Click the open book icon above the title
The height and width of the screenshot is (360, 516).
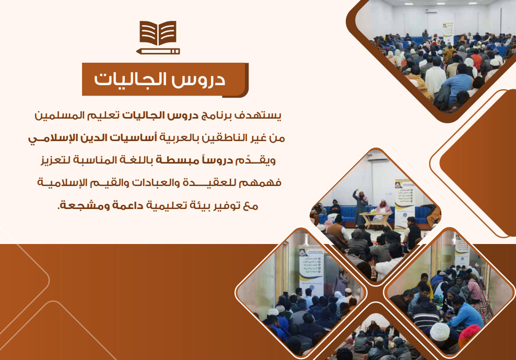(157, 34)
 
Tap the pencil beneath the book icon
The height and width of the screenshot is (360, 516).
(157, 51)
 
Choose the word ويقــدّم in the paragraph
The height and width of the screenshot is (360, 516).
(261, 160)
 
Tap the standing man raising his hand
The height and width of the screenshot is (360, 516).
(358, 203)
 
